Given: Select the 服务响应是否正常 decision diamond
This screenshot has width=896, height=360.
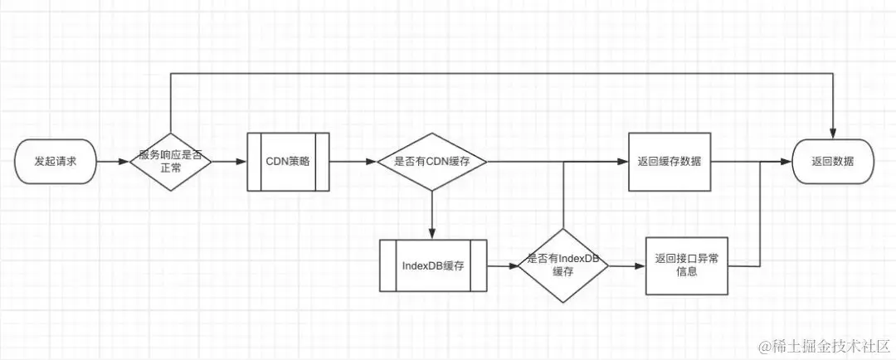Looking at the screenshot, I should [170, 162].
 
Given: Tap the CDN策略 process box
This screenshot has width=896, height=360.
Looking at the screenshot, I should [288, 162].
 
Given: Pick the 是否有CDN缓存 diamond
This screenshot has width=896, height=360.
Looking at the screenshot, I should [431, 162].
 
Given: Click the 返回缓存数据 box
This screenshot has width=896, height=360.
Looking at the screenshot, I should [670, 162].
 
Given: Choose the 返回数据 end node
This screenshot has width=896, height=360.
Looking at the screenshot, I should [833, 162].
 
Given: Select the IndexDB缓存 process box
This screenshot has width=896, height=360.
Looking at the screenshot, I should [431, 266].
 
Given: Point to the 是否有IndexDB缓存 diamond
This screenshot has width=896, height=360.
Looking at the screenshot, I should [563, 266].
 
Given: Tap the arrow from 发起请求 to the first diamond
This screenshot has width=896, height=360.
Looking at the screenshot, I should [113, 162].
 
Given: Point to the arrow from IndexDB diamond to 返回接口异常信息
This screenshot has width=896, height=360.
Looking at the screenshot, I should [627, 266].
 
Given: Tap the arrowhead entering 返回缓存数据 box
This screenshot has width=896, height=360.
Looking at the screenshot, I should [623, 162].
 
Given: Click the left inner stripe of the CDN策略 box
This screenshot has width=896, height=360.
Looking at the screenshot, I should [255, 162].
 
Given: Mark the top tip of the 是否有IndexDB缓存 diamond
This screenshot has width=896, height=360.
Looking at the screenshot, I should [563, 230].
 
